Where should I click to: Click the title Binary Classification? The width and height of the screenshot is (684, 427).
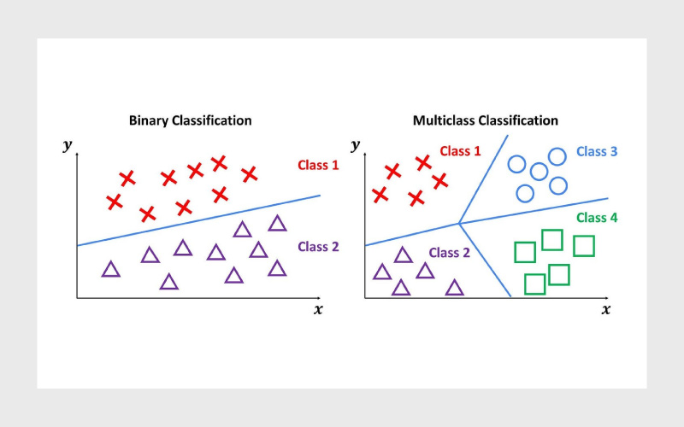[190, 120]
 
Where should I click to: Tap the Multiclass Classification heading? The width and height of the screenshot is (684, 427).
[486, 120]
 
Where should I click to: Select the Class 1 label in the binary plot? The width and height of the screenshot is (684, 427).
[318, 165]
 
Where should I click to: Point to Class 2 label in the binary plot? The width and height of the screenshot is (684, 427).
[318, 247]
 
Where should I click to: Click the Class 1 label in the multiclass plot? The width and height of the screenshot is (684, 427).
[460, 151]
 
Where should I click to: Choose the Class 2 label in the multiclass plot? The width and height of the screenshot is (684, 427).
[449, 253]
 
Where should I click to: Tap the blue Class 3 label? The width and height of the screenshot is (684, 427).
[597, 151]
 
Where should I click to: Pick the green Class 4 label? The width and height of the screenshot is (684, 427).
[597, 218]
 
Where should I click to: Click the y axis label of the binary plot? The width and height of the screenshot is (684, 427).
[68, 144]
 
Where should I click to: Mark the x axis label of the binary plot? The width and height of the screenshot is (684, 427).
[318, 309]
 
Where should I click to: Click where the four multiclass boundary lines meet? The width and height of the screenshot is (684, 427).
[459, 224]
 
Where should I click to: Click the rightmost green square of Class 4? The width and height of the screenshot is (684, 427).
[584, 246]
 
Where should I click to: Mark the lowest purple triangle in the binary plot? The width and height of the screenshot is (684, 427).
[168, 282]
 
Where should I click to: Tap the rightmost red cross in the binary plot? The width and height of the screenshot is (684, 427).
[249, 174]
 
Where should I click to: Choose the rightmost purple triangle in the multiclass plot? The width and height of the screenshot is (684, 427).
[454, 288]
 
